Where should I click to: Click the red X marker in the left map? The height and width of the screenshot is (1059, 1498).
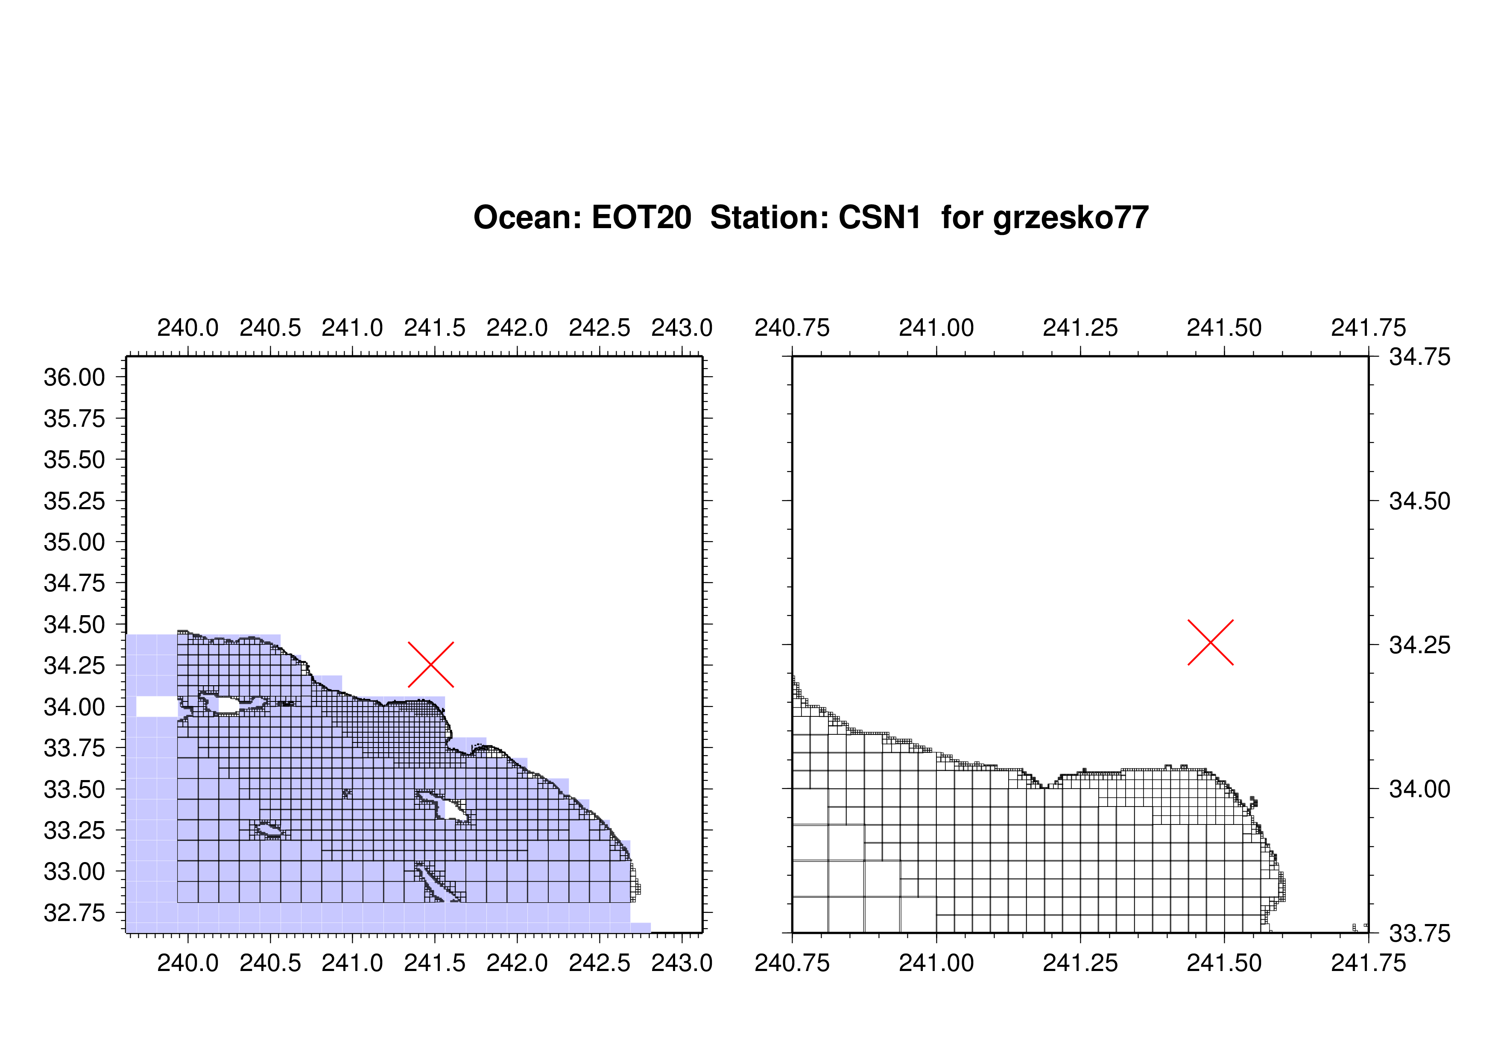430,664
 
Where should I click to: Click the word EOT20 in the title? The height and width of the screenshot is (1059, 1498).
641,217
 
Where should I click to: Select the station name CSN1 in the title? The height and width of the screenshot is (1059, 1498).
880,217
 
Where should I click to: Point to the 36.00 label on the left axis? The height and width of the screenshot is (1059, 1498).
74,377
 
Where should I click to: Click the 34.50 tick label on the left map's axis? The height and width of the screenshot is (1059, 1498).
74,625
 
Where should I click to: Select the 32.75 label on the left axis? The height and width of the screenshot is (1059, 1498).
74,913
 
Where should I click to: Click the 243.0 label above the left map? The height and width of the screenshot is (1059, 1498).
682,328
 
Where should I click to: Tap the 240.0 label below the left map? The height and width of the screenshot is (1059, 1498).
188,963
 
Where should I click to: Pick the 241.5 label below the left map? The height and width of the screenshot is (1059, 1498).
435,963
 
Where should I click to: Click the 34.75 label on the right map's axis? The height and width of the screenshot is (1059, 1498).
1420,357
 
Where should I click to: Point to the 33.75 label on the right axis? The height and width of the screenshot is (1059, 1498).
1420,934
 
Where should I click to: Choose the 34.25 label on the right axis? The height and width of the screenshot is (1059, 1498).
1420,645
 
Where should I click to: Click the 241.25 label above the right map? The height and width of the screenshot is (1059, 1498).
1080,328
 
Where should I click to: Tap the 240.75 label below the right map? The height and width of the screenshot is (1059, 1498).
792,963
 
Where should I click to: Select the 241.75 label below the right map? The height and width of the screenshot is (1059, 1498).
1369,963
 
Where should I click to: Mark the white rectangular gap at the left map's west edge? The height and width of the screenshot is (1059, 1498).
157,707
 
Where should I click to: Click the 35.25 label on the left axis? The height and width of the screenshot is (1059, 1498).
74,501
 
